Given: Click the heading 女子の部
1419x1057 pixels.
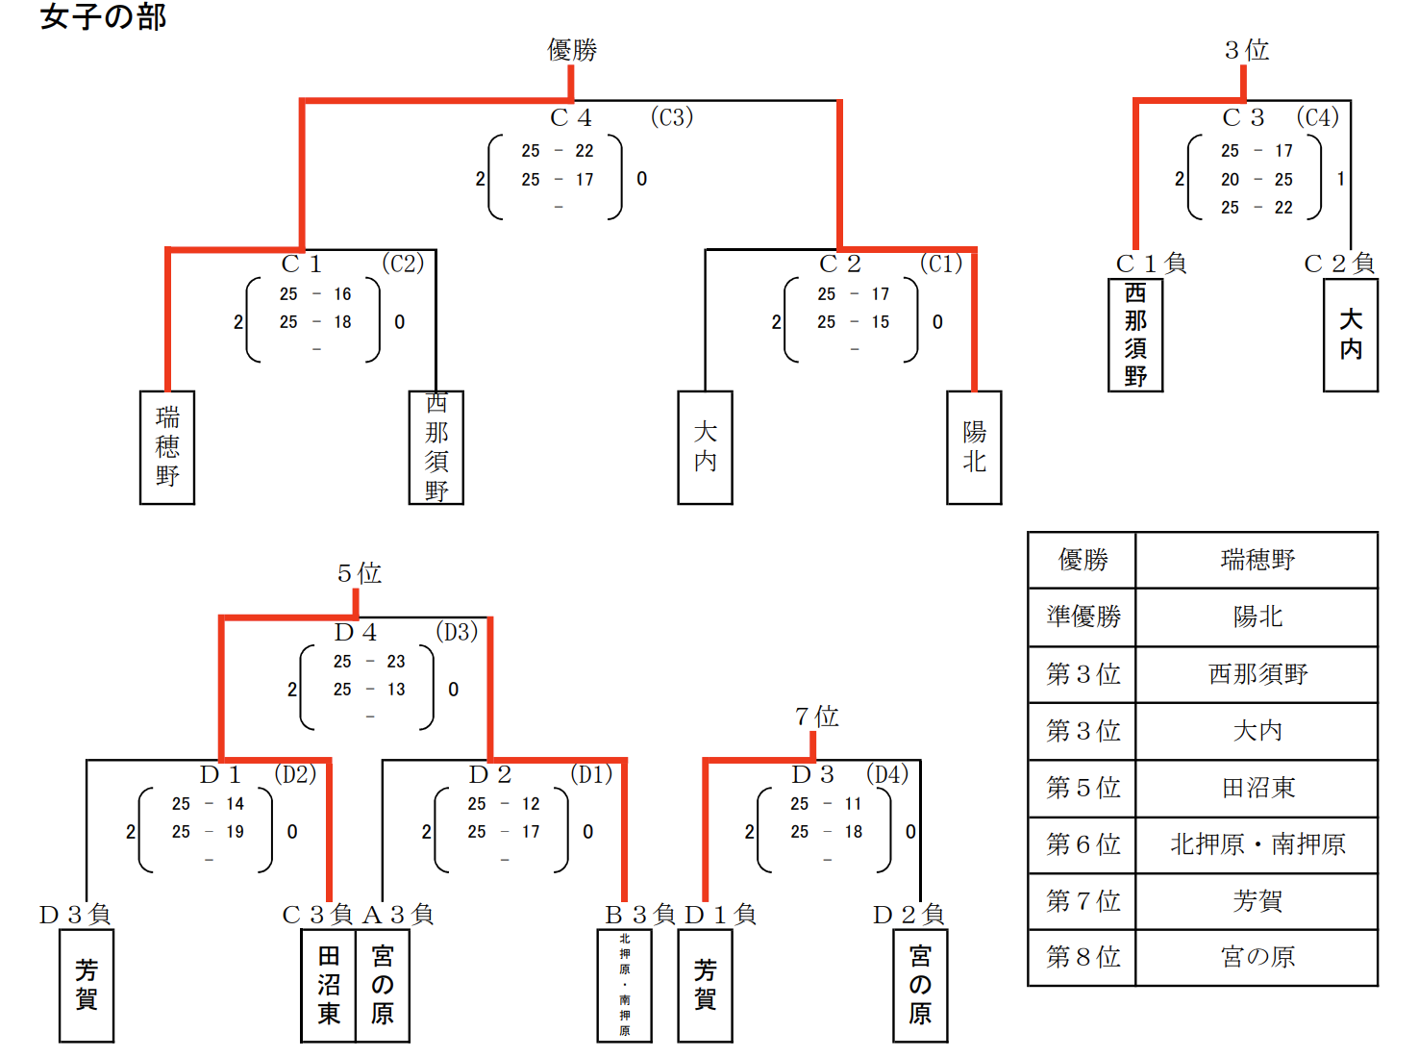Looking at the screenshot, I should click(103, 17).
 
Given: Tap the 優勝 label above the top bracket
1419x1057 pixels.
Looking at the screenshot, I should click(572, 50).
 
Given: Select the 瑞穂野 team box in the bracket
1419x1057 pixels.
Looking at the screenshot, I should click(167, 447).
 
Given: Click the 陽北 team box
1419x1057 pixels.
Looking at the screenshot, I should click(974, 447).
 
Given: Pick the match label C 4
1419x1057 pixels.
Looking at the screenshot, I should click(571, 118).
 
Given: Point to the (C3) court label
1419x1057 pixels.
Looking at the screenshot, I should click(671, 117).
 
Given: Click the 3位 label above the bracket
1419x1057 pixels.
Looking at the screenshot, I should click(1246, 50).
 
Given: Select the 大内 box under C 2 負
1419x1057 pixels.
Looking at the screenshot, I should click(1350, 335).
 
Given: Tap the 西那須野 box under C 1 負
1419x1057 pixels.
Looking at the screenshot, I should click(1135, 335).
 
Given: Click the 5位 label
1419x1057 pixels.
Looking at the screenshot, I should click(359, 573).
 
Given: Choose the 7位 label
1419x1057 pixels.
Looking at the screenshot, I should click(816, 717).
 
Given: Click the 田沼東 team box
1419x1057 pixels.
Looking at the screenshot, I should click(329, 985).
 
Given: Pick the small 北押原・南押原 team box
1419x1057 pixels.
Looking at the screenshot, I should click(625, 985).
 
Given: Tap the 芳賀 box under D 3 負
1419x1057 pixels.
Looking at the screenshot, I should click(87, 985).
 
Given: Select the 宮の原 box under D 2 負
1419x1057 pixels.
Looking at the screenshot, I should click(920, 985).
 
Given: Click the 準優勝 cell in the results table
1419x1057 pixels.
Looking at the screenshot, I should click(1083, 617).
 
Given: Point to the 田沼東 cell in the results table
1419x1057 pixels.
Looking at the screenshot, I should click(1257, 788).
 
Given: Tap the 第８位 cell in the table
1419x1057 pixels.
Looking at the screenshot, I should click(1083, 957).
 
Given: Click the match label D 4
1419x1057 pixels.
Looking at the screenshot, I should click(356, 633).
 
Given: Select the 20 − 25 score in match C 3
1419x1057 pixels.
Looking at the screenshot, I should click(1257, 180).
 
